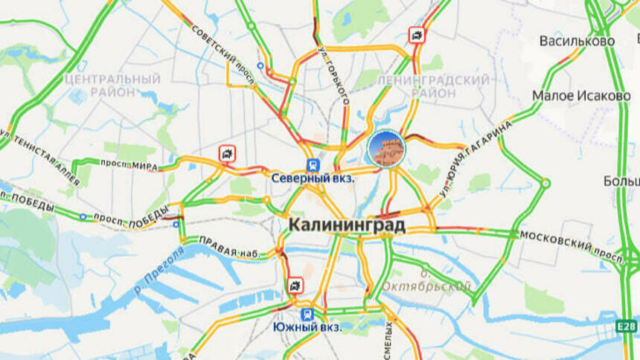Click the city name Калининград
(x=347, y=225)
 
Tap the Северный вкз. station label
(x=313, y=179)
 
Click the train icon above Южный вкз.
(x=307, y=314)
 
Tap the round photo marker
(x=385, y=148)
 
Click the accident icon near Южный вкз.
(x=295, y=286)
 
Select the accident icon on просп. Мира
(x=227, y=154)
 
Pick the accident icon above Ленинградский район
(x=417, y=35)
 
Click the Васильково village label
(x=577, y=41)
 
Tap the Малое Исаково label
(x=581, y=96)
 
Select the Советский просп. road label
(x=223, y=52)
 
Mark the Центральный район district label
(x=112, y=85)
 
